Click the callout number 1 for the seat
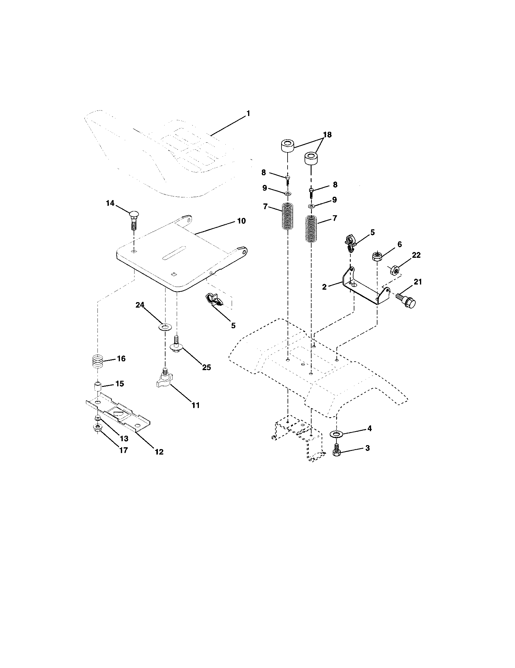[x=248, y=114]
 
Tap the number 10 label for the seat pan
[x=241, y=221]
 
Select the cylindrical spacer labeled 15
[x=97, y=387]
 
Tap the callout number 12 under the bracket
[x=159, y=452]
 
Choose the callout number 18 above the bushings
[x=327, y=135]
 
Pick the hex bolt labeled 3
[x=337, y=452]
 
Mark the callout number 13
[x=124, y=439]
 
